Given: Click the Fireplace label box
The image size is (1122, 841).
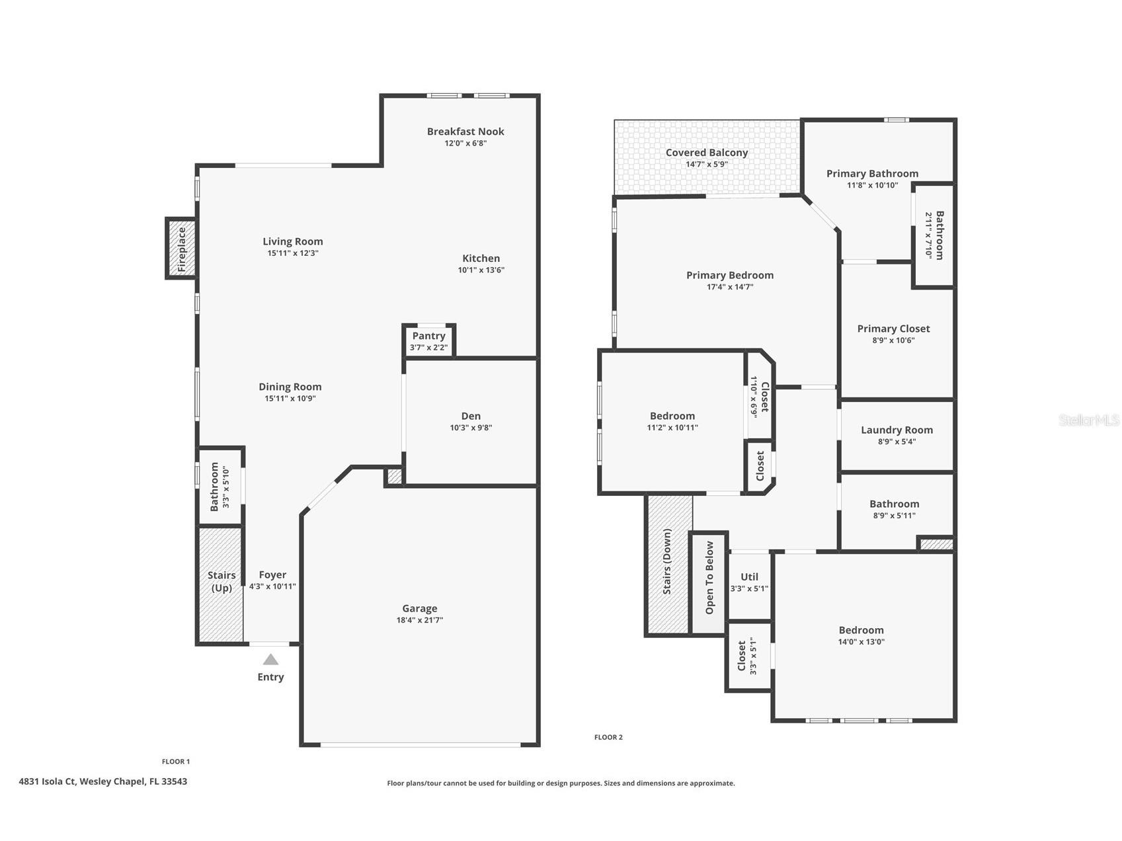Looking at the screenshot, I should point(182,249).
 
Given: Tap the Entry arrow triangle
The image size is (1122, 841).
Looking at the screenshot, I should point(270,659).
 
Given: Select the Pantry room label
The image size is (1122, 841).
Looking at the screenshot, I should point(428,336).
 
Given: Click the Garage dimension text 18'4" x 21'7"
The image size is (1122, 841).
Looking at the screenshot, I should point(419,620).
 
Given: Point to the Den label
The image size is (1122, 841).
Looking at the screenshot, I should point(471,416).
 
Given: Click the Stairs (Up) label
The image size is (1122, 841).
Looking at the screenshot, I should point(221,581).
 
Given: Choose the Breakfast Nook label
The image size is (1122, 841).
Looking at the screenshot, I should point(465,132).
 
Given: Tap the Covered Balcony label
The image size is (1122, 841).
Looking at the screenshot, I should point(706,153).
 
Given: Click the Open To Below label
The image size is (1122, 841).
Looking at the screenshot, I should point(709,578).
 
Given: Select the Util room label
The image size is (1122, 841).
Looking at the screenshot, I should point(749,577).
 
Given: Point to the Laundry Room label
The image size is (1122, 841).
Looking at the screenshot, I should point(897,430).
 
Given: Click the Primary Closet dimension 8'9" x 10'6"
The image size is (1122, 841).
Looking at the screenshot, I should point(893,340).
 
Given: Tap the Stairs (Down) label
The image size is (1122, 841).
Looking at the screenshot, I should point(667,561).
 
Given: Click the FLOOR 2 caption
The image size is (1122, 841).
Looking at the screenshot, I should point(608,737).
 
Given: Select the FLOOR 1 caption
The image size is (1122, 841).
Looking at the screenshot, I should point(176,762).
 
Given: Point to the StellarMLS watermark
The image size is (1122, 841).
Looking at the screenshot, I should point(1088,420).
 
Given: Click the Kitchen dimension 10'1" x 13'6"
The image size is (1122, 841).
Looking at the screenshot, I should point(481,270).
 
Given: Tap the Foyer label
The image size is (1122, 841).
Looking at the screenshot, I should point(272,575).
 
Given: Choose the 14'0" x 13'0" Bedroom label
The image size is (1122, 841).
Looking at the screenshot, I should point(861,630).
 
